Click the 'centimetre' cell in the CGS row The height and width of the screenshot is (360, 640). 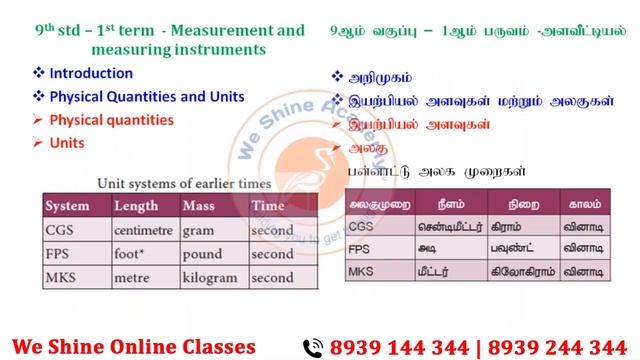(144, 229)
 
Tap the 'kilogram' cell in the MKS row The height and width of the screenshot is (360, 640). (210, 277)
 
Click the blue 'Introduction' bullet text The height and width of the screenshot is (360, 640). (90, 73)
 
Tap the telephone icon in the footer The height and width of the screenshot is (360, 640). (313, 346)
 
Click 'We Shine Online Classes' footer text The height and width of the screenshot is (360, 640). (142, 346)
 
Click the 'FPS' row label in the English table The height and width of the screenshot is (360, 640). (59, 253)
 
